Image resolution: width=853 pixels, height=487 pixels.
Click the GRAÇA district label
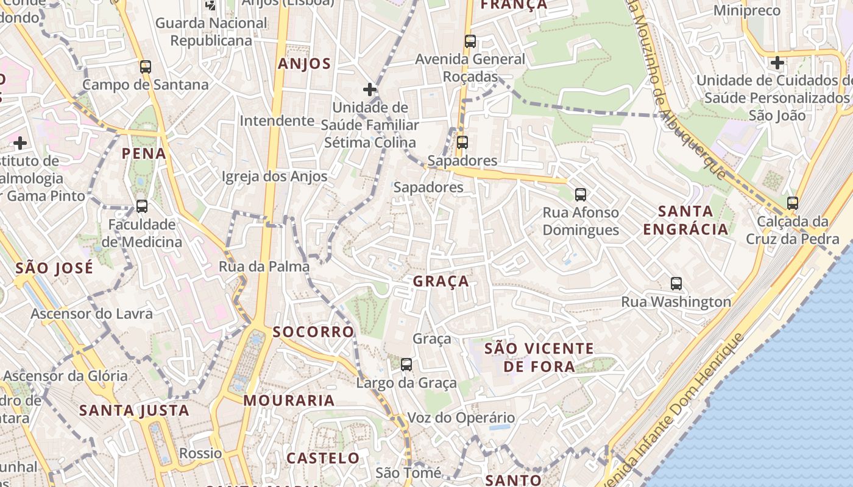tap(441, 281)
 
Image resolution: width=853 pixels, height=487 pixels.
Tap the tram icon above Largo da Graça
tap(406, 365)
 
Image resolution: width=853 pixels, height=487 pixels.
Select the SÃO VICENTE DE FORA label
tap(539, 357)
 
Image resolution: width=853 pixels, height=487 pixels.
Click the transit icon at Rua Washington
tap(676, 283)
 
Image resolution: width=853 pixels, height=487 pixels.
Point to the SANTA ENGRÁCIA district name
tap(685, 220)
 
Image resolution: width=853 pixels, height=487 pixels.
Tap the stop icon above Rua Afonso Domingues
tap(581, 195)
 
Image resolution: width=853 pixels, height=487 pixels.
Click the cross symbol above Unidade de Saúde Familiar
tap(369, 89)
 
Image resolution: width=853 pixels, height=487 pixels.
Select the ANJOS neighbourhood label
tap(304, 64)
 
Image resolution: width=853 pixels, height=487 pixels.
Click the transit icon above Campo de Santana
tap(145, 67)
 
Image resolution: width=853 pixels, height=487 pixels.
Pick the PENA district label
tap(144, 153)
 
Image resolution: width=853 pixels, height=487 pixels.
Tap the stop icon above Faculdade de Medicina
tap(142, 206)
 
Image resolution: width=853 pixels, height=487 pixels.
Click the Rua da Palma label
tap(264, 267)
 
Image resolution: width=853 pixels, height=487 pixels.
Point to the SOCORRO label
tap(313, 332)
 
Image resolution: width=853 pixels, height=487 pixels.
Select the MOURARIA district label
tap(289, 401)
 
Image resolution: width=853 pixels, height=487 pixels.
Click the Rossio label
tap(200, 454)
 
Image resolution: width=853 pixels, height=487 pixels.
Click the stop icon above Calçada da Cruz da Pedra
tap(792, 203)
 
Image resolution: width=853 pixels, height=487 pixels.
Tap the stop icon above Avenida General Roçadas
tap(470, 41)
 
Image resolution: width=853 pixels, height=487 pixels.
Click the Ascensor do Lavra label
tap(91, 314)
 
